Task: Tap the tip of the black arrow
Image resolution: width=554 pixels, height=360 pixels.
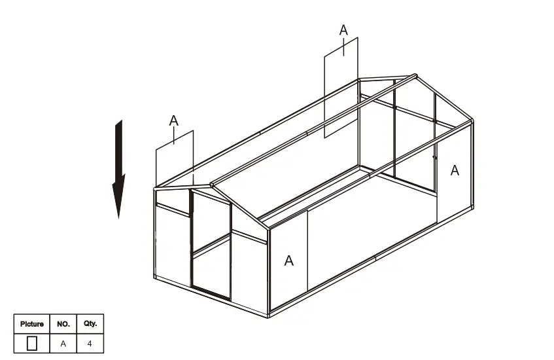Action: point(118,216)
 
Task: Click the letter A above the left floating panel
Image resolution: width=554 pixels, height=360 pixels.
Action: point(173,120)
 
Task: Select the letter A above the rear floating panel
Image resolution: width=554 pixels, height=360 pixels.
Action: point(343,30)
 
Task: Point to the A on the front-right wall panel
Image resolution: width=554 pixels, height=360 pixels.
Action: point(288,261)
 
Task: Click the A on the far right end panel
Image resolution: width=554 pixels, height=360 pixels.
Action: point(455,171)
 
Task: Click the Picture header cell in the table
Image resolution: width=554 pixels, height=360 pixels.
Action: point(32,324)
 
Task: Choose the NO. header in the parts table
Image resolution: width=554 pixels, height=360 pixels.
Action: point(63,324)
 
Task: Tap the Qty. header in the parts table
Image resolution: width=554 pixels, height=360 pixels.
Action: point(90,324)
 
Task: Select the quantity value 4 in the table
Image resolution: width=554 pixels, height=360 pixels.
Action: point(90,342)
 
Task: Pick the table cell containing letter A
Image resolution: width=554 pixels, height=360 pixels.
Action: point(63,342)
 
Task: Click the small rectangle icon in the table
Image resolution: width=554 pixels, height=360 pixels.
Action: point(32,342)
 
